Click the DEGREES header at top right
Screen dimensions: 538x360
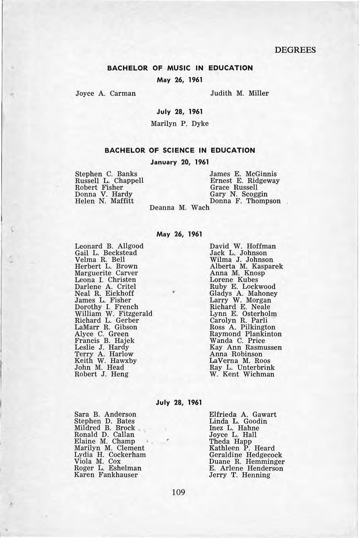coord(295,50)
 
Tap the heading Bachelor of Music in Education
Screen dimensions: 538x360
coord(180,68)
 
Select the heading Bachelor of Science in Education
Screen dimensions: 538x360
coord(180,150)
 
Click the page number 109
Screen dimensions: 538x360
coord(178,492)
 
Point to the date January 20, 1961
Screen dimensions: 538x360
coord(180,162)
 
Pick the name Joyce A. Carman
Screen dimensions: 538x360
coord(106,93)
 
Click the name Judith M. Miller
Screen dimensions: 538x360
coord(239,93)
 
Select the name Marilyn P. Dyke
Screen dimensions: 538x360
coord(180,123)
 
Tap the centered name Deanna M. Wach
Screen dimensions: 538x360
coord(180,208)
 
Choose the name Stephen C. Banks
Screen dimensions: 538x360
coord(106,174)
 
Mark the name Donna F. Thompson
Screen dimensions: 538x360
coord(245,201)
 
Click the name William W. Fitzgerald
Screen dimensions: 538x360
coord(113,313)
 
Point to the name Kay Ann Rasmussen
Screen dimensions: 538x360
coord(245,348)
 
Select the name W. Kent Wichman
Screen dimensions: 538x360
coord(242,374)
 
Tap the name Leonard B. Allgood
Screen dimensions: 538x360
coord(109,246)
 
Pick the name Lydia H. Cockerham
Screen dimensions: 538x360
coord(110,455)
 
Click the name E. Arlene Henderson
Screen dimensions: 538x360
coord(246,468)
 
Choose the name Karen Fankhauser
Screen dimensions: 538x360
coord(106,475)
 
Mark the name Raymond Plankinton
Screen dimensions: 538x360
coord(245,334)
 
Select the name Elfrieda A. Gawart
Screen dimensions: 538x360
coord(243,415)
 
